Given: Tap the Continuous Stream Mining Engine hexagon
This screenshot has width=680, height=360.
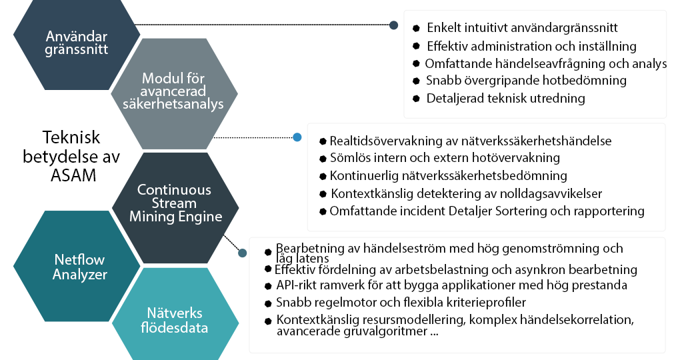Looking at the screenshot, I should [x=173, y=203].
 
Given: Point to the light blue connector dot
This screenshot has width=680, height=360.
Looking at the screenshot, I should [x=297, y=137].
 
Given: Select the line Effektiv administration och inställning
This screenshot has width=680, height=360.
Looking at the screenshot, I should [x=531, y=46].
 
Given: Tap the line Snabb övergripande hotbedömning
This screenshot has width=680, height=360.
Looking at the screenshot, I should [x=526, y=81].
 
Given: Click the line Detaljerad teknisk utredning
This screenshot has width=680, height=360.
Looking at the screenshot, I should [x=506, y=98].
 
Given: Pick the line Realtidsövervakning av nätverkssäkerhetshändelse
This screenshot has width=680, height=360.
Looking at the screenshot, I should [x=471, y=141].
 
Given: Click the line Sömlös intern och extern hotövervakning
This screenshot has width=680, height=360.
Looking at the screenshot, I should [x=445, y=159].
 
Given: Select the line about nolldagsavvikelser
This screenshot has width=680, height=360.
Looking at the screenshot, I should [x=466, y=193].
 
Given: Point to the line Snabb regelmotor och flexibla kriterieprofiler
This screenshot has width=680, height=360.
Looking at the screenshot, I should [x=401, y=303].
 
